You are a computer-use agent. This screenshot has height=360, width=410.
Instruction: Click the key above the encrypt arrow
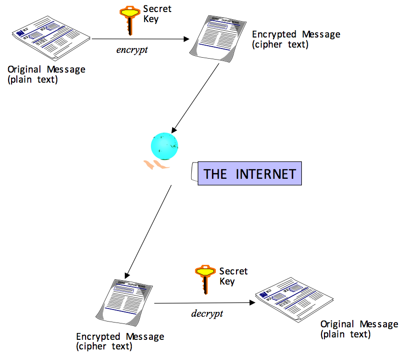128,20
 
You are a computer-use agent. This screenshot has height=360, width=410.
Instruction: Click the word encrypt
131,50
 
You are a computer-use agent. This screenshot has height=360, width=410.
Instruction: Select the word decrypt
207,313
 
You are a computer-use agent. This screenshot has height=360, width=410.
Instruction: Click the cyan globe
164,144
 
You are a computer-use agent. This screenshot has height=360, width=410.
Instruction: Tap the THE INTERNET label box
249,174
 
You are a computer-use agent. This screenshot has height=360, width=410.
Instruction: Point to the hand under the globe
157,165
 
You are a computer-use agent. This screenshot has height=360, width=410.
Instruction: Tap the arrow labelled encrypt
139,39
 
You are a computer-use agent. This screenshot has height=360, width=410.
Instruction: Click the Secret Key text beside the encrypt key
157,14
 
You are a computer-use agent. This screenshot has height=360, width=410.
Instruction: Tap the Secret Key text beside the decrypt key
233,276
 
